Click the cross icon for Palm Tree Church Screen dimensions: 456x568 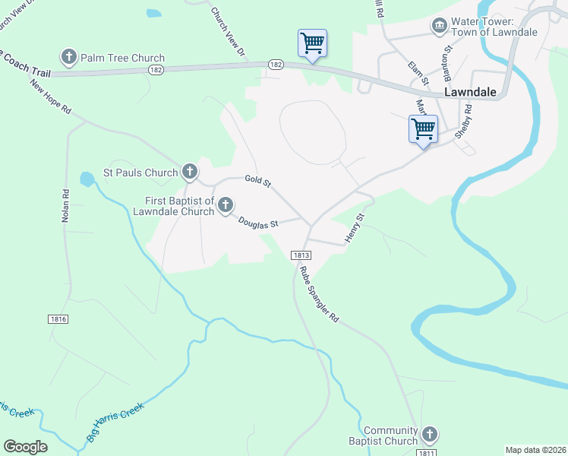[69, 57]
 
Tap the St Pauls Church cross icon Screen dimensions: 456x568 [190, 173]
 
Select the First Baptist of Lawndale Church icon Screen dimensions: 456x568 [226, 205]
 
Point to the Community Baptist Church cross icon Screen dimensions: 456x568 [429, 435]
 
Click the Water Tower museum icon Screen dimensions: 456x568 [439, 27]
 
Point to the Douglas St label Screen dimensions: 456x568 [258, 223]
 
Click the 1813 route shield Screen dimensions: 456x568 [298, 255]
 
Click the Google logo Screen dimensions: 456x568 [25, 447]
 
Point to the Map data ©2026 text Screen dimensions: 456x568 [535, 450]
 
